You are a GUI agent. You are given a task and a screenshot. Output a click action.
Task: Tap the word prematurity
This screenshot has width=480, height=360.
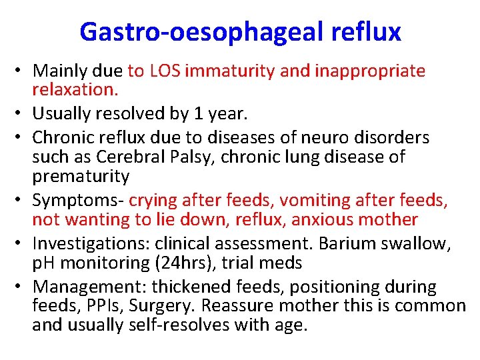81,176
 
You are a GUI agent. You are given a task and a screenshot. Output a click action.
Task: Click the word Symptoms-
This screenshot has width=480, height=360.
78,200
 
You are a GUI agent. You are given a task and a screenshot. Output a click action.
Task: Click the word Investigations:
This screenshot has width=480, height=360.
86,243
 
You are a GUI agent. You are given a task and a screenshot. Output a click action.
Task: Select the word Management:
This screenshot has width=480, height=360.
89,287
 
